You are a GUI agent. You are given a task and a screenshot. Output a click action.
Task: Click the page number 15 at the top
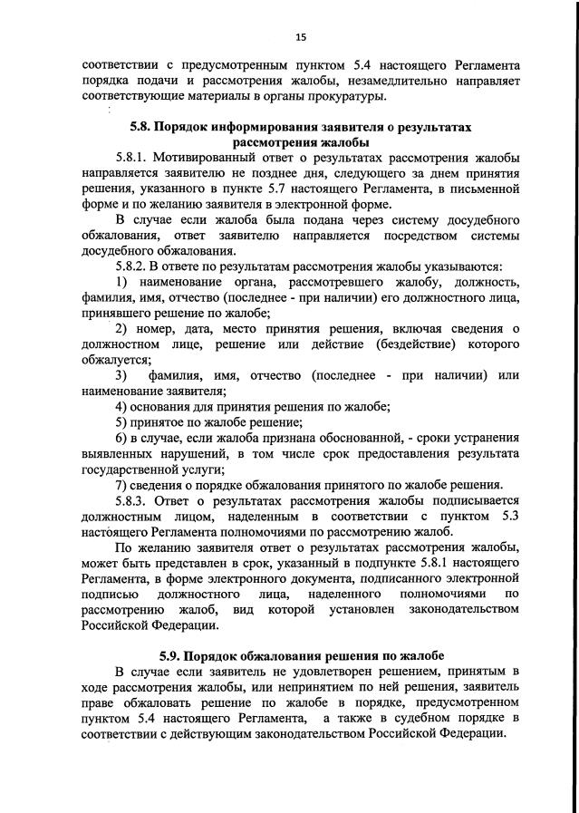click(301, 37)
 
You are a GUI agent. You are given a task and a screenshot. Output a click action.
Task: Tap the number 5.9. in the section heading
click(171, 654)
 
